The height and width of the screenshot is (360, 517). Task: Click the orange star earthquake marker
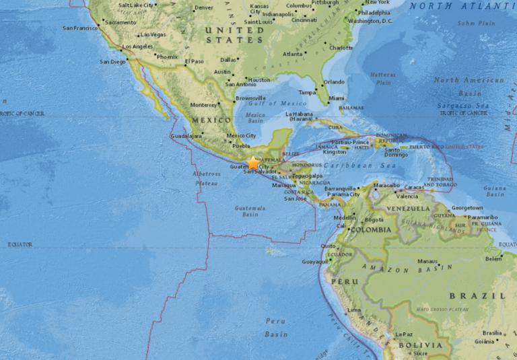(x=254, y=163)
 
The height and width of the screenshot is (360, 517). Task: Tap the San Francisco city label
(x=80, y=28)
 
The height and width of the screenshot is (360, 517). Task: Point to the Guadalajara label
(x=186, y=135)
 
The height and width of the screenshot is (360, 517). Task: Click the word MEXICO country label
(x=207, y=119)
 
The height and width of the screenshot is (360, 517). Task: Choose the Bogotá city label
(x=373, y=220)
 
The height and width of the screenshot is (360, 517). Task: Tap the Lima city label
(x=354, y=310)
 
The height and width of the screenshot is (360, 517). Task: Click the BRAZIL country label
(x=487, y=295)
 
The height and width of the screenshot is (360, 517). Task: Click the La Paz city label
(x=403, y=334)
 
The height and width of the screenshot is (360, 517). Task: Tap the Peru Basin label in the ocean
(x=275, y=328)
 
